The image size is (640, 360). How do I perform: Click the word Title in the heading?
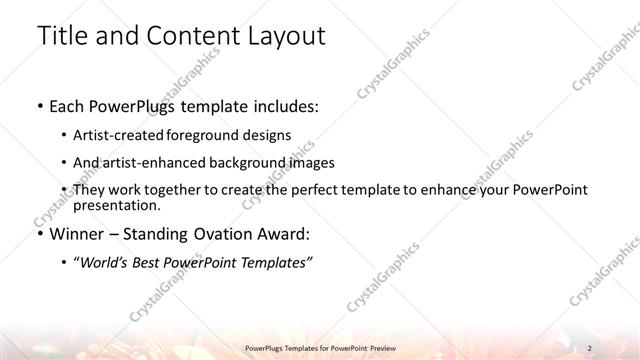63,37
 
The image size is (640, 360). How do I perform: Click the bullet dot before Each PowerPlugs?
39,104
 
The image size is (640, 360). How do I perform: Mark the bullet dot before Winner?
39,236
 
